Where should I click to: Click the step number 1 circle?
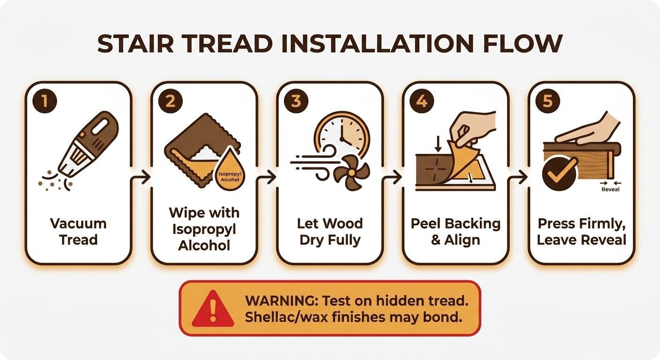[45, 101]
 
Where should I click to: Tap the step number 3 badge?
[296, 101]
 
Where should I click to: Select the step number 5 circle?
[547, 101]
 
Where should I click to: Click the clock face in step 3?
[342, 135]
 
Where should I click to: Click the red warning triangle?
[213, 309]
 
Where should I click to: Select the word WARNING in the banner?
[281, 301]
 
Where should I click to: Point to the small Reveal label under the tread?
[610, 189]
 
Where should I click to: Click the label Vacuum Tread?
[78, 232]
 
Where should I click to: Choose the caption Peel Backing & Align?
[456, 232]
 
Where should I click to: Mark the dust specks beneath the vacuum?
[54, 181]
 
